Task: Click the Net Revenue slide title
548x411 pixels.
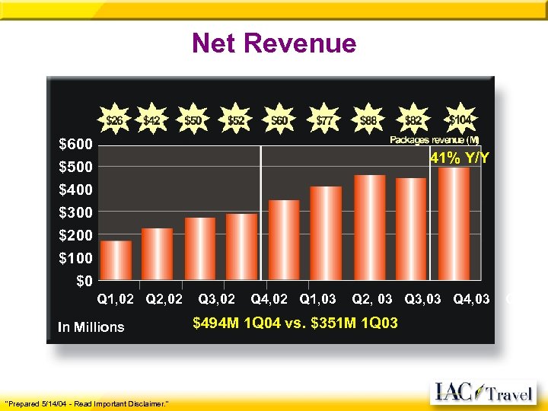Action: coord(274,43)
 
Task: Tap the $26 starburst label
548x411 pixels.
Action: coord(115,120)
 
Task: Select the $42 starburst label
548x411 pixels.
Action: coord(152,120)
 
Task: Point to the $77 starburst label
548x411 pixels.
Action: coord(326,120)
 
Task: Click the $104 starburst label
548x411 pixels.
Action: coord(459,119)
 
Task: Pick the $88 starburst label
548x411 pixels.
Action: coord(369,120)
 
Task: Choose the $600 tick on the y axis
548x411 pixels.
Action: coord(76,144)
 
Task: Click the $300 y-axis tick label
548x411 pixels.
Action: coord(76,212)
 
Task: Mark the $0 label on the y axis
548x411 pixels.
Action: coord(84,280)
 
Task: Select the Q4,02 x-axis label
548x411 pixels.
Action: coord(269,299)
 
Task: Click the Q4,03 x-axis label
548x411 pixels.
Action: coord(471,299)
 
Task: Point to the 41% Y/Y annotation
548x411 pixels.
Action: coord(460,159)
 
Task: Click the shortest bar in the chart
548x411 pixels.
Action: coord(116,260)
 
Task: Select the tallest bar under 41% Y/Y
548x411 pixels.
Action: coord(454,223)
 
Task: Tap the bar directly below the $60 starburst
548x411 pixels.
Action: coord(284,240)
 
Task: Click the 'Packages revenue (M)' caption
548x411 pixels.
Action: coord(435,139)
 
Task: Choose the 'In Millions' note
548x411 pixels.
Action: coord(91,327)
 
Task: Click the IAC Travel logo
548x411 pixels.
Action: coord(483,393)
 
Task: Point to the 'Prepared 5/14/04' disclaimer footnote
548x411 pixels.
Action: coord(87,402)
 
